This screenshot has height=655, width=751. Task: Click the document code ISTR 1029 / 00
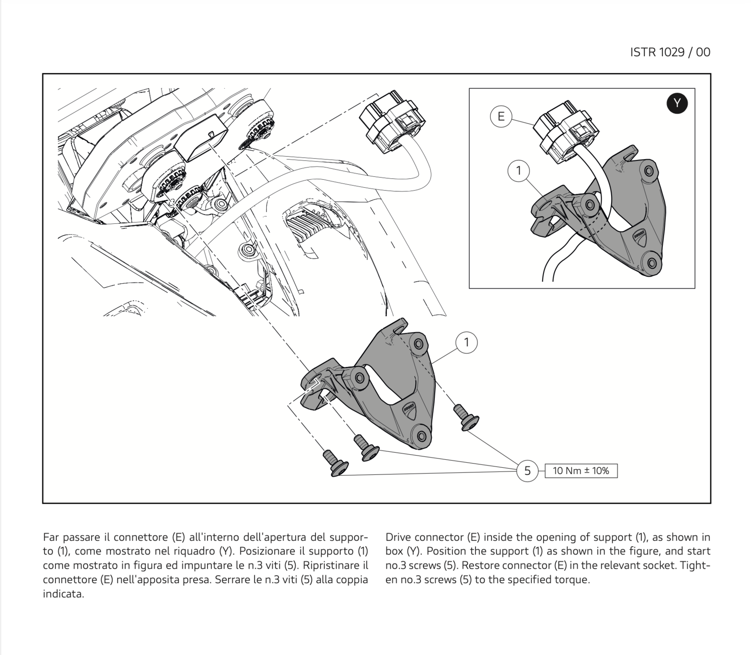(x=670, y=52)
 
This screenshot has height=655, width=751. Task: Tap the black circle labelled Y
(x=677, y=103)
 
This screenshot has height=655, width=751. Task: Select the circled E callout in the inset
(x=501, y=116)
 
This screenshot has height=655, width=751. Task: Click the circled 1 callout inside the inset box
(x=519, y=171)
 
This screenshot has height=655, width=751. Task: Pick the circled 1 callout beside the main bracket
(x=466, y=343)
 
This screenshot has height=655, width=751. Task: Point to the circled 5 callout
(x=527, y=471)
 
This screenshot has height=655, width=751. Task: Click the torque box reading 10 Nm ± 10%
(x=581, y=471)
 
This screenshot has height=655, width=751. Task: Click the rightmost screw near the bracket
(x=466, y=417)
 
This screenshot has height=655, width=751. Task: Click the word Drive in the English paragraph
(x=398, y=537)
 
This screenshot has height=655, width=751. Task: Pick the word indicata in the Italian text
(x=63, y=594)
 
